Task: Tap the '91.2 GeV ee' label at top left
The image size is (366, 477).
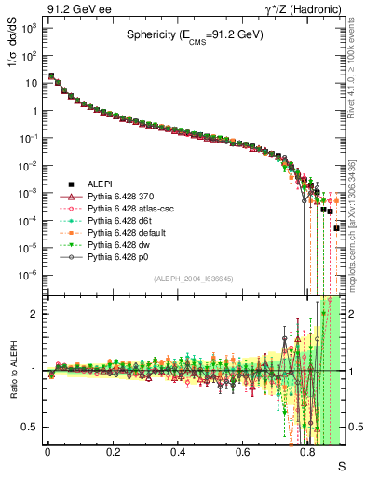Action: click(x=73, y=8)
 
